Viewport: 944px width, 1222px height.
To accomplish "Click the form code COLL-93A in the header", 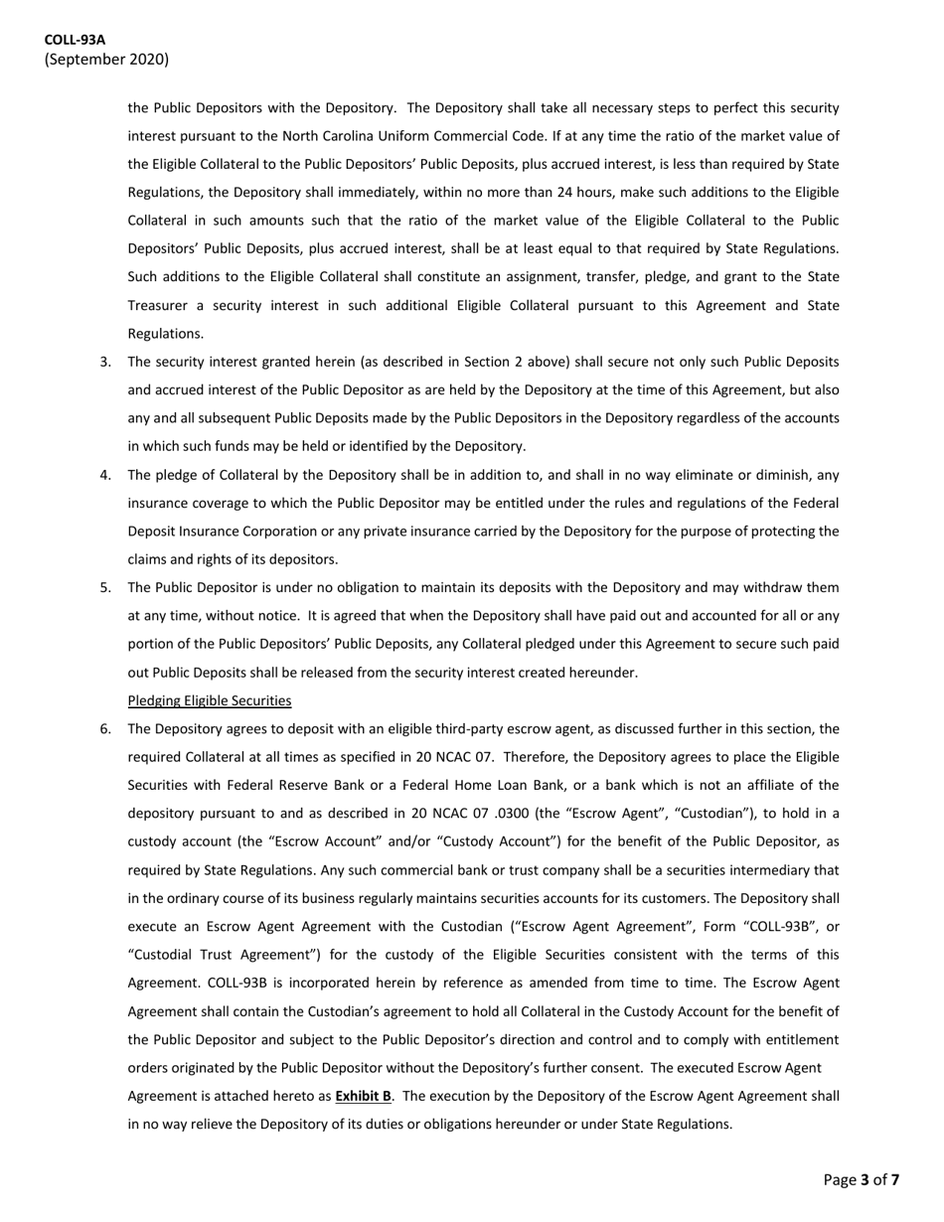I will pos(75,40).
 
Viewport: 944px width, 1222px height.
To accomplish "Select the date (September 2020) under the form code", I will pos(106,60).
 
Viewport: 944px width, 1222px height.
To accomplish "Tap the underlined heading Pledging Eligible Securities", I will pos(210,700).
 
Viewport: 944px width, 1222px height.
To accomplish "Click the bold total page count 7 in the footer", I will pos(894,1180).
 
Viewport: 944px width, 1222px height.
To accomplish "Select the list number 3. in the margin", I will pos(105,362).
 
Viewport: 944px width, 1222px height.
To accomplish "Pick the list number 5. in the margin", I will pos(105,587).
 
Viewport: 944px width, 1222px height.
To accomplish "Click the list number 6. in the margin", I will pos(105,729).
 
